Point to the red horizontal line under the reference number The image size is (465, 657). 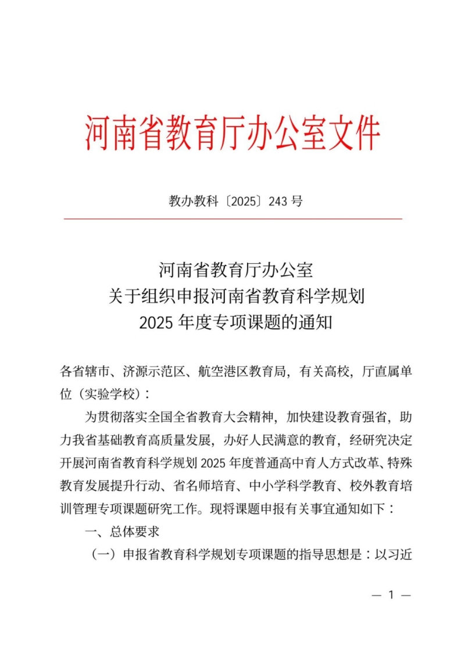tap(233, 219)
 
